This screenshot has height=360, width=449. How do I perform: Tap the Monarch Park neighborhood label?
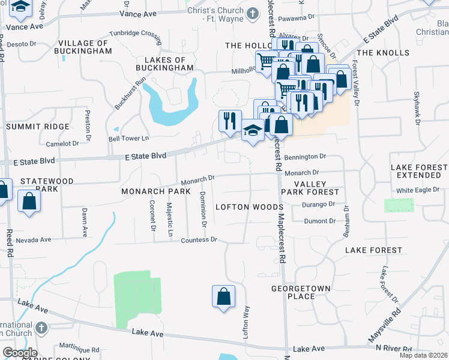(155, 191)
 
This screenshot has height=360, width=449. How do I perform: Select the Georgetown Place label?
(301, 292)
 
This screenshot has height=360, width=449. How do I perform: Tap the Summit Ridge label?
(29, 127)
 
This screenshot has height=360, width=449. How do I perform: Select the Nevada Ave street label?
(34, 240)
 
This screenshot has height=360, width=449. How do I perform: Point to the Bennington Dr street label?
(305, 156)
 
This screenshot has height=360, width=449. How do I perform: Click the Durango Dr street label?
(319, 205)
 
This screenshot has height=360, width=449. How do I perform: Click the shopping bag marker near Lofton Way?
(223, 296)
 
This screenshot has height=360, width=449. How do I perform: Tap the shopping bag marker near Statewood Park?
(29, 202)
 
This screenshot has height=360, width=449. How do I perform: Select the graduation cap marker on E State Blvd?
(253, 130)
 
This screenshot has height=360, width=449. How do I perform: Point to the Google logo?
(20, 353)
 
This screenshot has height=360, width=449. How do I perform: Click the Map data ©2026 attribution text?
(423, 355)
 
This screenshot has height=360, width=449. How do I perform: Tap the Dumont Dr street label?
(319, 221)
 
